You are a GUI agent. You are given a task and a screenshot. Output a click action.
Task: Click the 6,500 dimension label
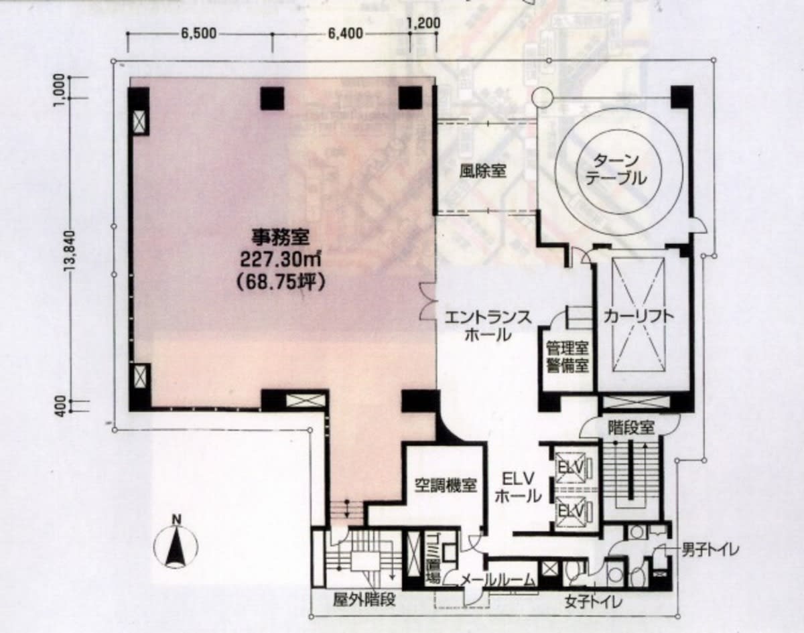(199, 33)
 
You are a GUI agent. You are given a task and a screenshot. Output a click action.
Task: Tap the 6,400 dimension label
(346, 33)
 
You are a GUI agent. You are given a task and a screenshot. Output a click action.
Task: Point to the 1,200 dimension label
(423, 23)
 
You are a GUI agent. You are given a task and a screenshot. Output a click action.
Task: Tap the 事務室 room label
(280, 236)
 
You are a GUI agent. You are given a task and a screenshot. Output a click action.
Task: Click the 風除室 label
(482, 171)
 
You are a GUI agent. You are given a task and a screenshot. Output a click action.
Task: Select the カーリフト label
(639, 316)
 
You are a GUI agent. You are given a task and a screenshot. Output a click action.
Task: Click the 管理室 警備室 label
(567, 358)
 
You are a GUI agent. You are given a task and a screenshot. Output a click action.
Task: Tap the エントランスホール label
(488, 326)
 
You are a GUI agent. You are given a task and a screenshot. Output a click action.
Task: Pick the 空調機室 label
(446, 486)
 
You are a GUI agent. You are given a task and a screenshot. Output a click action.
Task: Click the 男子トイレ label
(710, 551)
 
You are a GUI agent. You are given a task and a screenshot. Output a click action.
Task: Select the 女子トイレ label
(594, 602)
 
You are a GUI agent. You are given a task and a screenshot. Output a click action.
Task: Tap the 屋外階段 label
(364, 600)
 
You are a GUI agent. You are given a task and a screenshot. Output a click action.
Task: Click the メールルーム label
(497, 580)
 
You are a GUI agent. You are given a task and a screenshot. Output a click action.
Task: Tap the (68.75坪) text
(281, 281)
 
